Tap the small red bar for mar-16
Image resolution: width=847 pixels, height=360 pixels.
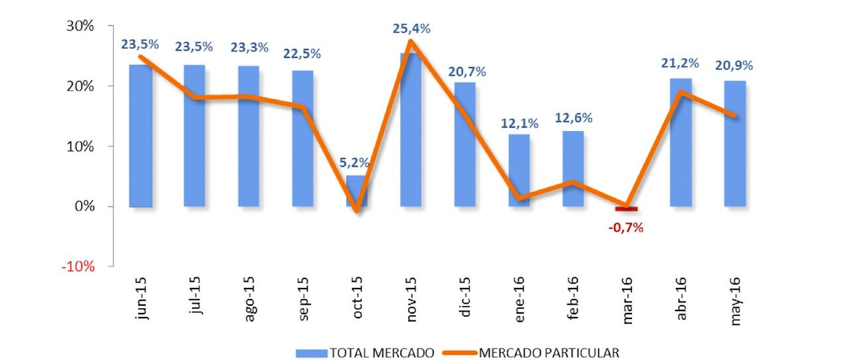pyautogui.click(x=626, y=209)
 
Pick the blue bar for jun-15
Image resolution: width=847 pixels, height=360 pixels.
pyautogui.click(x=140, y=136)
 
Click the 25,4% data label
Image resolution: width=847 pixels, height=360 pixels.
pyautogui.click(x=412, y=28)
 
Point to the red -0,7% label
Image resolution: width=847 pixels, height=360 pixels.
pyautogui.click(x=625, y=228)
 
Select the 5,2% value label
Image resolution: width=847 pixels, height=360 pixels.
pyautogui.click(x=355, y=162)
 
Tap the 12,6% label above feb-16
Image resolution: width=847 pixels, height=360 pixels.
pyautogui.click(x=574, y=118)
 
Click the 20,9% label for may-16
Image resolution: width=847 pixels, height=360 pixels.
pyautogui.click(x=735, y=66)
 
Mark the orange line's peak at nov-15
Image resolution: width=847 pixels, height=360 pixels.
pyautogui.click(x=410, y=41)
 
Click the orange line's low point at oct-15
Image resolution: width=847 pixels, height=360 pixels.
pyautogui.click(x=357, y=211)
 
